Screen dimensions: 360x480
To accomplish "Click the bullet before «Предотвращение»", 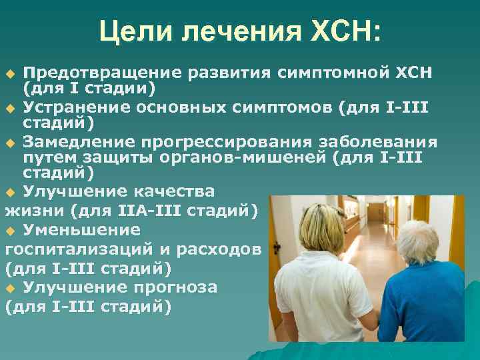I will point(9,72).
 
